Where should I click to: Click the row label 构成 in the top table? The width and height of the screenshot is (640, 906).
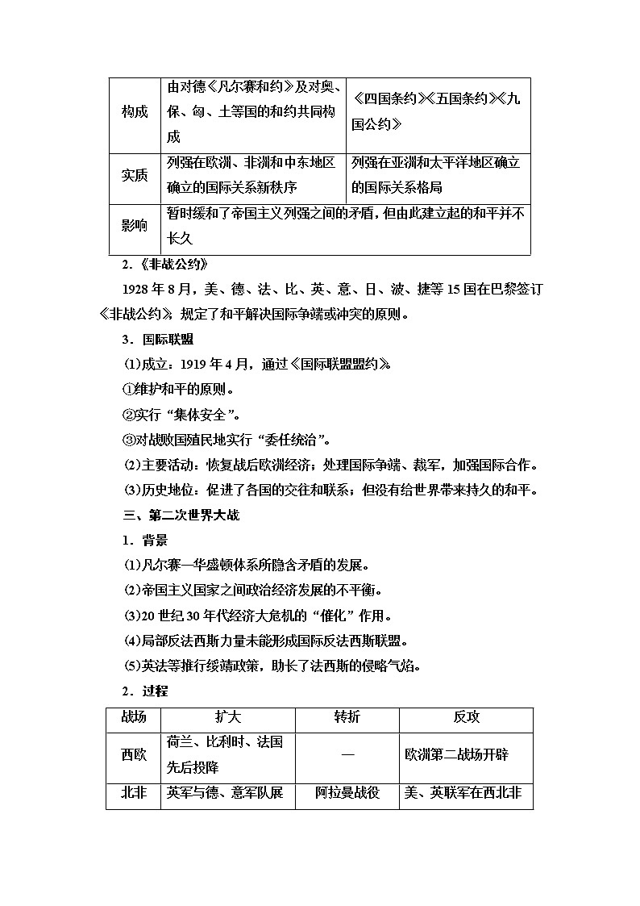[x=135, y=112]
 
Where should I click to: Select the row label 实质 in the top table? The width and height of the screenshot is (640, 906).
[x=135, y=175]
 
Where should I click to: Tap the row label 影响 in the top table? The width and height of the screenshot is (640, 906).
[x=135, y=227]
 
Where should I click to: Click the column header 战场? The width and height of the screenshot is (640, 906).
[x=134, y=719]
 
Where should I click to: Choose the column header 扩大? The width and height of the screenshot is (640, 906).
[x=228, y=719]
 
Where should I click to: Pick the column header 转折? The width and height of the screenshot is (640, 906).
[x=347, y=719]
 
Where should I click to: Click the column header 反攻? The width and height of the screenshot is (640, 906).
[x=466, y=719]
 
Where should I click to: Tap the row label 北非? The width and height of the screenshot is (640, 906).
[x=134, y=793]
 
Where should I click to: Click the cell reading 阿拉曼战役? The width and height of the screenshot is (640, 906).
[x=347, y=793]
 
